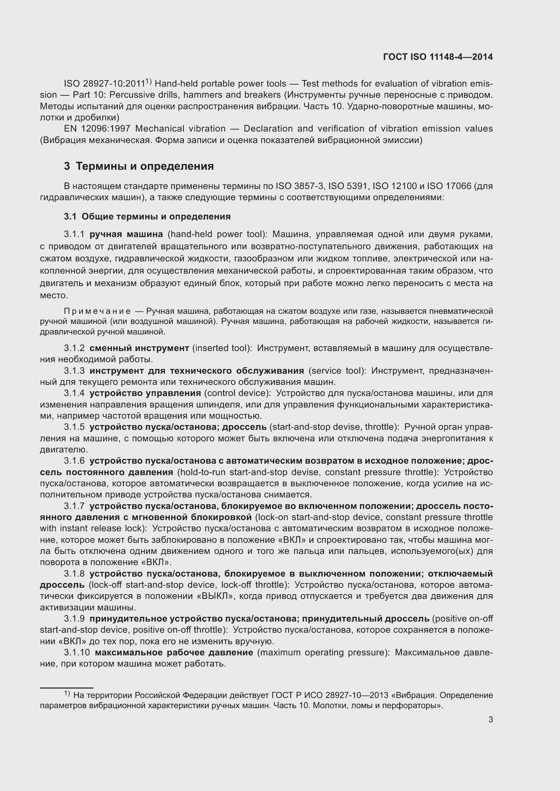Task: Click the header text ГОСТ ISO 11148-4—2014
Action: tap(437, 57)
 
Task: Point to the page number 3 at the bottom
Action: tap(490, 719)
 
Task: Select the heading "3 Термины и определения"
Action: tap(138, 166)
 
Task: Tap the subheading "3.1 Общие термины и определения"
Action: tap(147, 217)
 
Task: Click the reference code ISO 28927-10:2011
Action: tap(104, 84)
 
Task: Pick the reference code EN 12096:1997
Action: tap(97, 129)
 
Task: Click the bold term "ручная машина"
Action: tap(126, 235)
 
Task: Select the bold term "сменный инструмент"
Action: tap(139, 348)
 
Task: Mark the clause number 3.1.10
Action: tap(77, 652)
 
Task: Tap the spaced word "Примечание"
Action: tap(97, 311)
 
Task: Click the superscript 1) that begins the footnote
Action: tap(67, 694)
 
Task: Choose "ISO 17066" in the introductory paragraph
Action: tap(449, 186)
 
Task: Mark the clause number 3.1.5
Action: tap(74, 427)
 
